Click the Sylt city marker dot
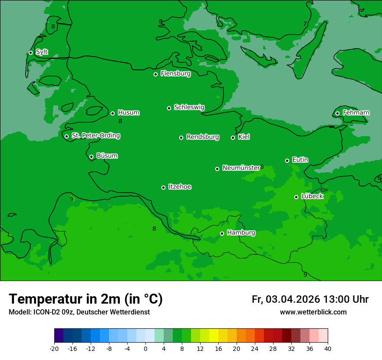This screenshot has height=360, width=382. click(30, 52)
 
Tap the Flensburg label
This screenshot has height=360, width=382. click(175, 74)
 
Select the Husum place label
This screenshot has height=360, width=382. click(128, 113)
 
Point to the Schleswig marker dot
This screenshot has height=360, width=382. click(169, 108)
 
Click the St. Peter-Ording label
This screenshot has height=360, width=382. click(95, 136)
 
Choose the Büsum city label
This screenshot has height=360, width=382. click(107, 156)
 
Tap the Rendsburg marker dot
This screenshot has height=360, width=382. click(181, 137)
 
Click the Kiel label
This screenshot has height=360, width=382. click(244, 137)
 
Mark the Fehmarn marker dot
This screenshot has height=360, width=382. click(337, 113)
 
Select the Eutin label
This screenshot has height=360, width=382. click(300, 160)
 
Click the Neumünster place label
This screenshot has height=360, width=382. click(241, 168)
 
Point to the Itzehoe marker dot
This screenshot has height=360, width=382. click(163, 187)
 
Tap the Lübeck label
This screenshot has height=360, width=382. click(312, 196)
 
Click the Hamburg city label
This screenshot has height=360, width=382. click(241, 233)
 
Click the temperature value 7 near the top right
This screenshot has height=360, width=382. click(305, 24)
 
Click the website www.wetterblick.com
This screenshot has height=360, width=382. click(313, 312)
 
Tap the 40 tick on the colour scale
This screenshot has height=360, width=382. click(328, 349)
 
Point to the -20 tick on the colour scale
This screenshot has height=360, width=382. click(54, 349)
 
